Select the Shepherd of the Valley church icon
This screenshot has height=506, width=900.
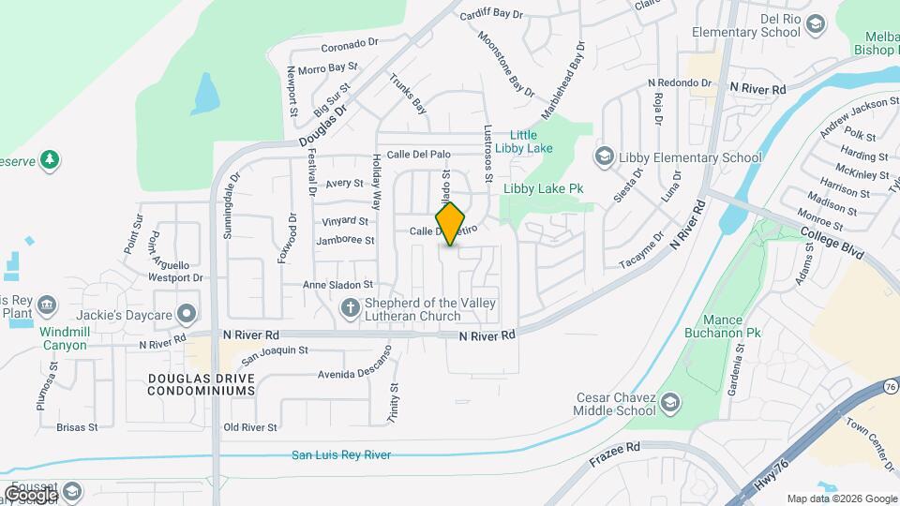pos(350,307)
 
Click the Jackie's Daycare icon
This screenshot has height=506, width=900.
pos(187,312)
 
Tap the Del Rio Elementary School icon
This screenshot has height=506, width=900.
pos(815,24)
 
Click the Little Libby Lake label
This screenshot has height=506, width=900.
pos(531,141)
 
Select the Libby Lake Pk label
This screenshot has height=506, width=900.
pos(544,188)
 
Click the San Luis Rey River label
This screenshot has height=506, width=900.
pos(340,455)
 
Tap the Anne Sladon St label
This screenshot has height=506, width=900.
pos(337,285)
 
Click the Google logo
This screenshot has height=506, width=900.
pos(30,495)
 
